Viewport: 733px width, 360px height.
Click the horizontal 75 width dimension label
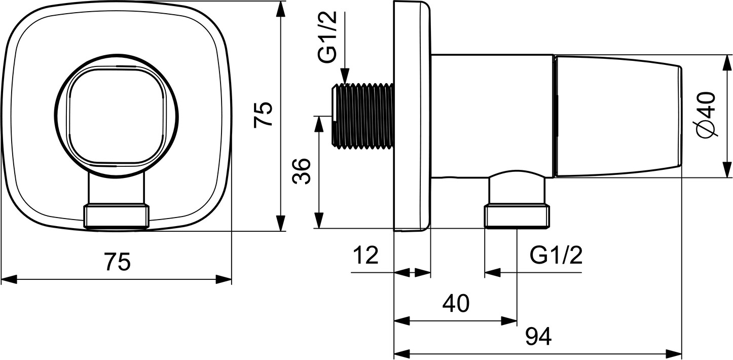point(118,262)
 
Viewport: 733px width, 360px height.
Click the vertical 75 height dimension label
point(264,114)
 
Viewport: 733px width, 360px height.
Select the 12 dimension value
point(366,255)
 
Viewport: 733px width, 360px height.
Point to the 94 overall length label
point(538,336)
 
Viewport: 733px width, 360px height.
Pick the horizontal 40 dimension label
point(456,303)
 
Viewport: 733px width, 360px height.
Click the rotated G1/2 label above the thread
point(327,37)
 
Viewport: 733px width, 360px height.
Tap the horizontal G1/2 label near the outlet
point(556,255)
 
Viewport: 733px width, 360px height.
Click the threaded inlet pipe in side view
point(362,119)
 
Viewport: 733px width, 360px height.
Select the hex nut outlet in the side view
point(517,217)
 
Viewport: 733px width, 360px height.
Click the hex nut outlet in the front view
point(117,217)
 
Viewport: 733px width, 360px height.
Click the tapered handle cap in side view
point(618,116)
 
